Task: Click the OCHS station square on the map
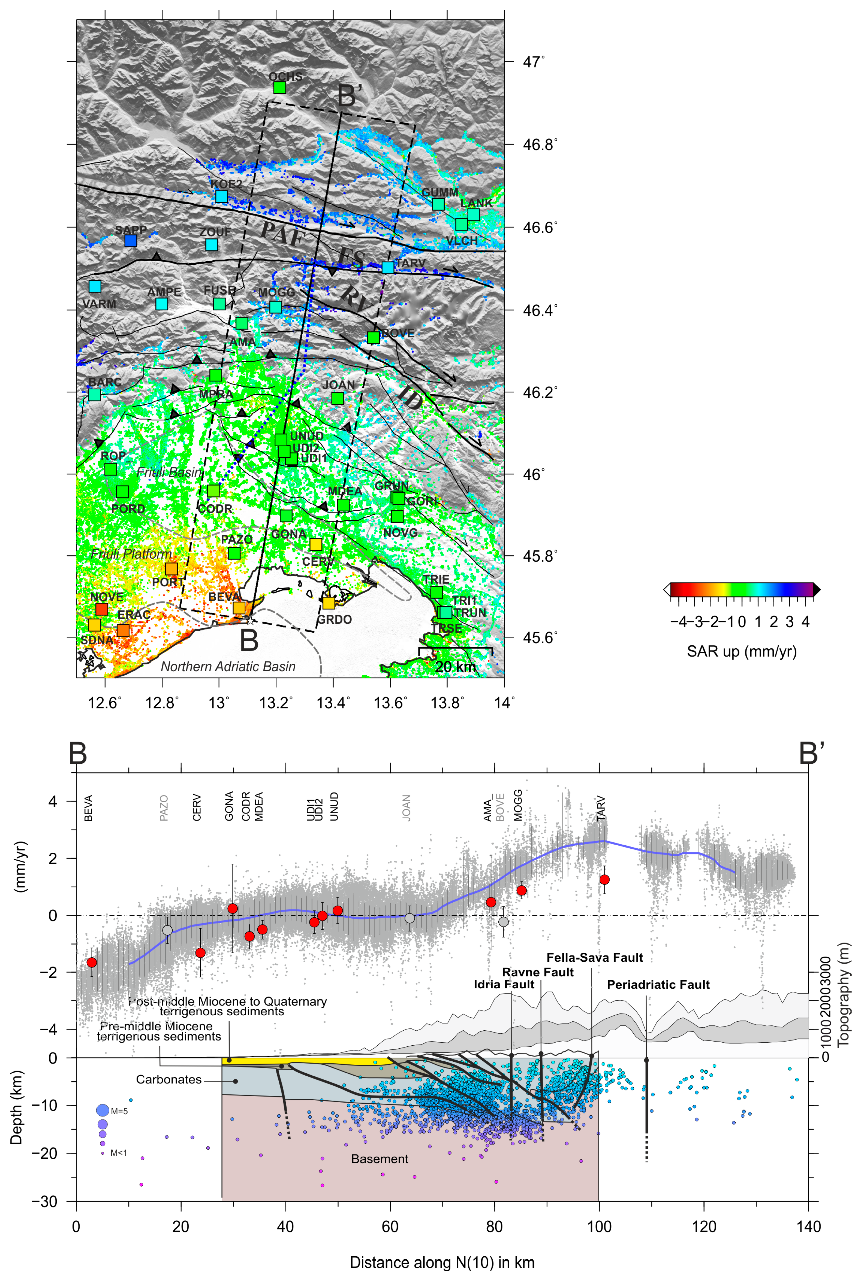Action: click(x=280, y=88)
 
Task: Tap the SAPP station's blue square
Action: click(x=130, y=240)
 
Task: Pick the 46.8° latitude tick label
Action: click(x=540, y=145)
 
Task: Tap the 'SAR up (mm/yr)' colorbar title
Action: click(x=742, y=651)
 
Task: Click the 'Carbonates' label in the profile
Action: click(x=169, y=1079)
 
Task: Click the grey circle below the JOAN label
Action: click(x=410, y=918)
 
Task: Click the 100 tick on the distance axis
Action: click(x=599, y=1227)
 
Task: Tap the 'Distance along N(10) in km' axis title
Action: click(x=442, y=1262)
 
